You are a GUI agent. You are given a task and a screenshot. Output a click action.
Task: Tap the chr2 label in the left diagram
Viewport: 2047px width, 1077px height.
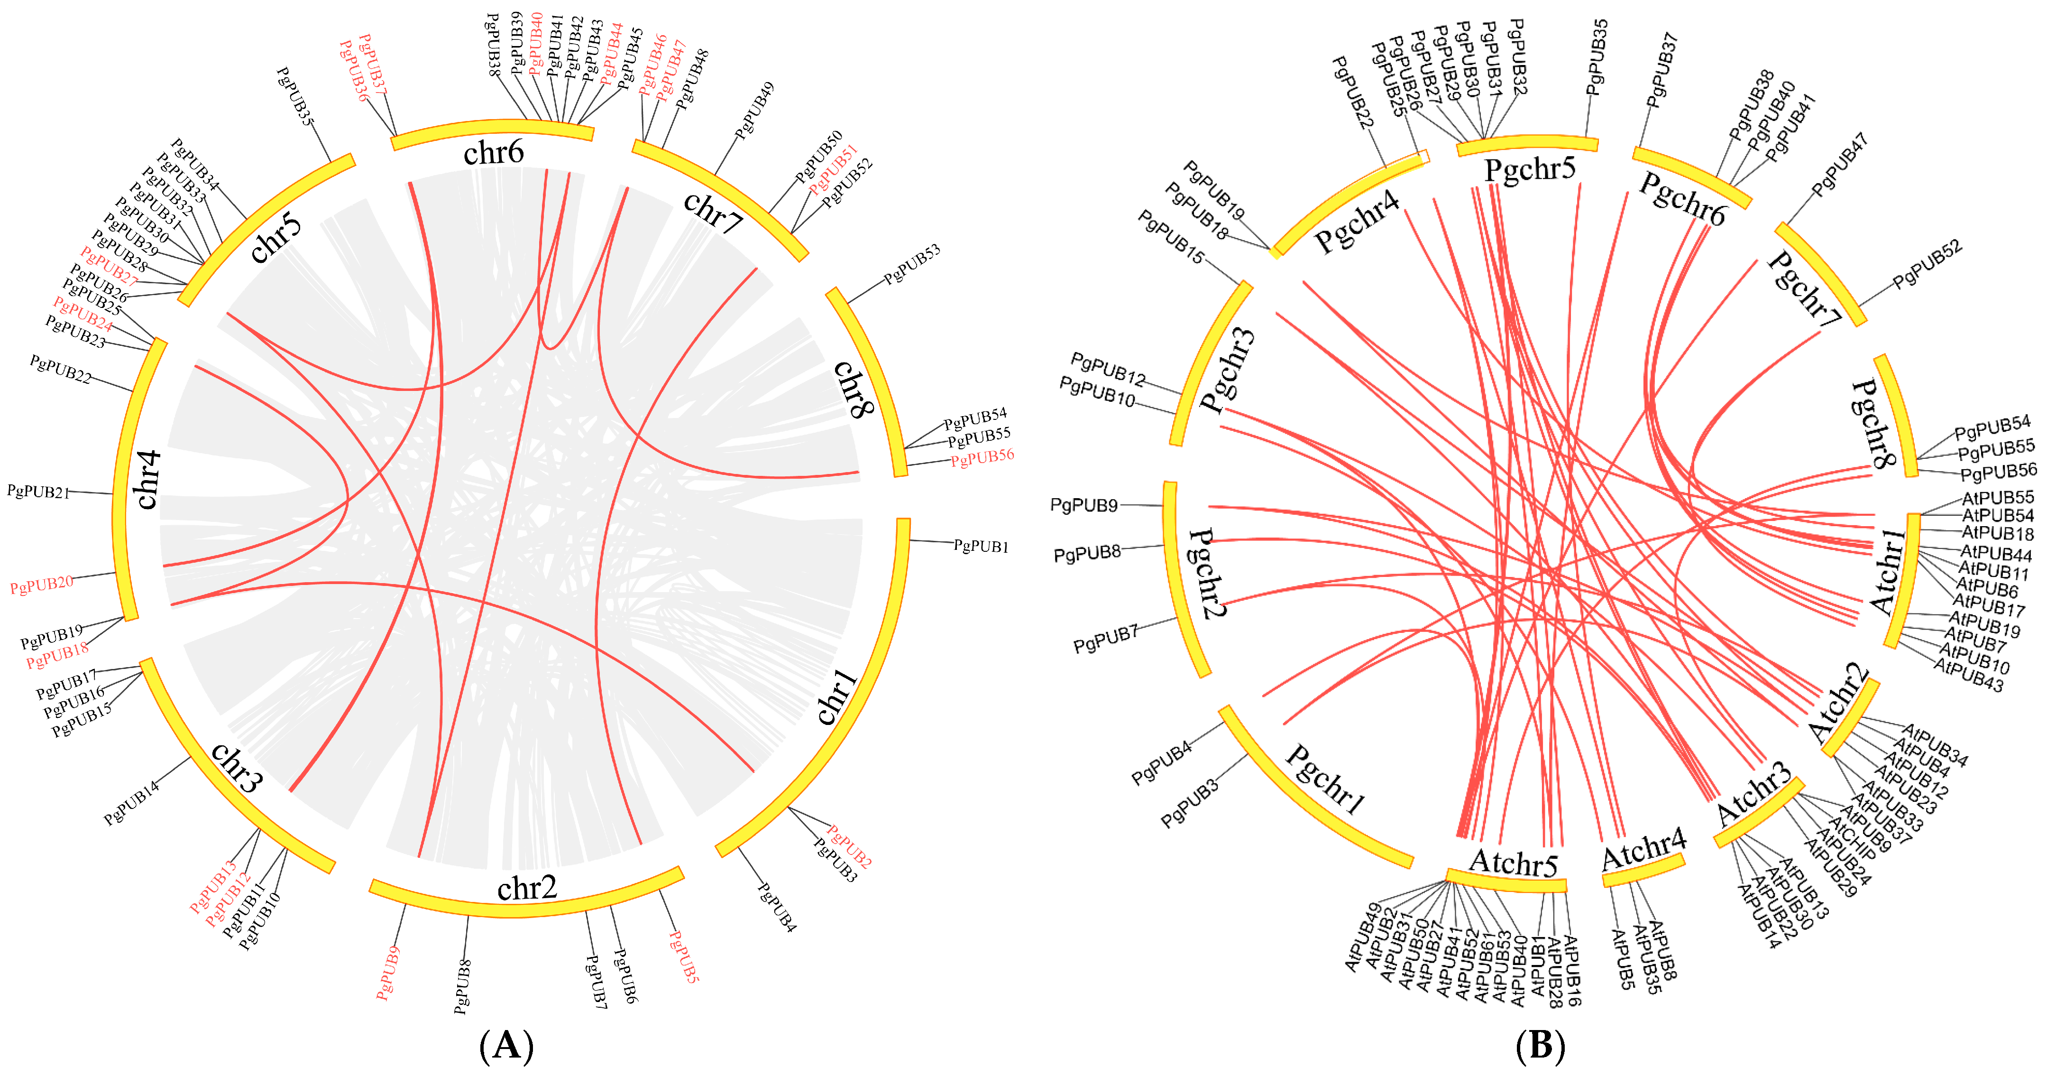[527, 888]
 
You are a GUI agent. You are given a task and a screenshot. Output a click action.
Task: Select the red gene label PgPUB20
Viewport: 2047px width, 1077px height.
[41, 585]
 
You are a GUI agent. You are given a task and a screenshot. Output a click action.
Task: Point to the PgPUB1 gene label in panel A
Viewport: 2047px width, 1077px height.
[981, 546]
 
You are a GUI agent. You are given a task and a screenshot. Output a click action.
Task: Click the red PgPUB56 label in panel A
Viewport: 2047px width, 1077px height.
[982, 457]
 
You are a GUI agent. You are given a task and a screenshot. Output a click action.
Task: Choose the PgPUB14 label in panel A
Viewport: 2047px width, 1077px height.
[132, 803]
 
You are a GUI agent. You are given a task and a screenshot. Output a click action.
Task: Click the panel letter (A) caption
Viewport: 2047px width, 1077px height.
[506, 1046]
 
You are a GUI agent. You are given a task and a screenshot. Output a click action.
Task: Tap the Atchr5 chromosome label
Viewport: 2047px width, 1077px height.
[1513, 863]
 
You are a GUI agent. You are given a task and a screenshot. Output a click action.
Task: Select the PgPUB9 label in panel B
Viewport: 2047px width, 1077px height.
[1084, 505]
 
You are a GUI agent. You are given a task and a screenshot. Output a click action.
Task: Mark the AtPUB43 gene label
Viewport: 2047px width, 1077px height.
[1968, 676]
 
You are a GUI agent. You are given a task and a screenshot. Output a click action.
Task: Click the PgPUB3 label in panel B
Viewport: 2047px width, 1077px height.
[1190, 804]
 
